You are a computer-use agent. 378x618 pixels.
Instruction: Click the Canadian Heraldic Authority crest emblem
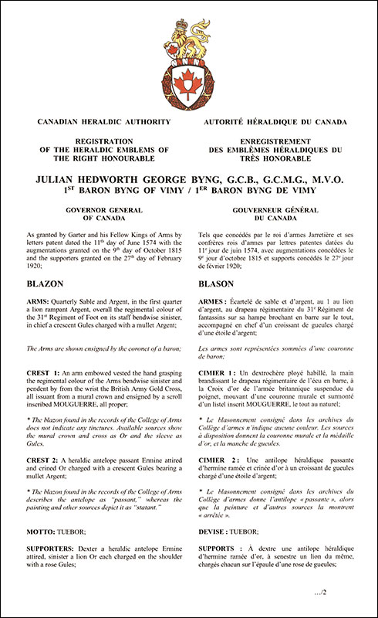click(x=189, y=62)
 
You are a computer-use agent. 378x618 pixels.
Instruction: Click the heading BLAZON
click(x=46, y=284)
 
